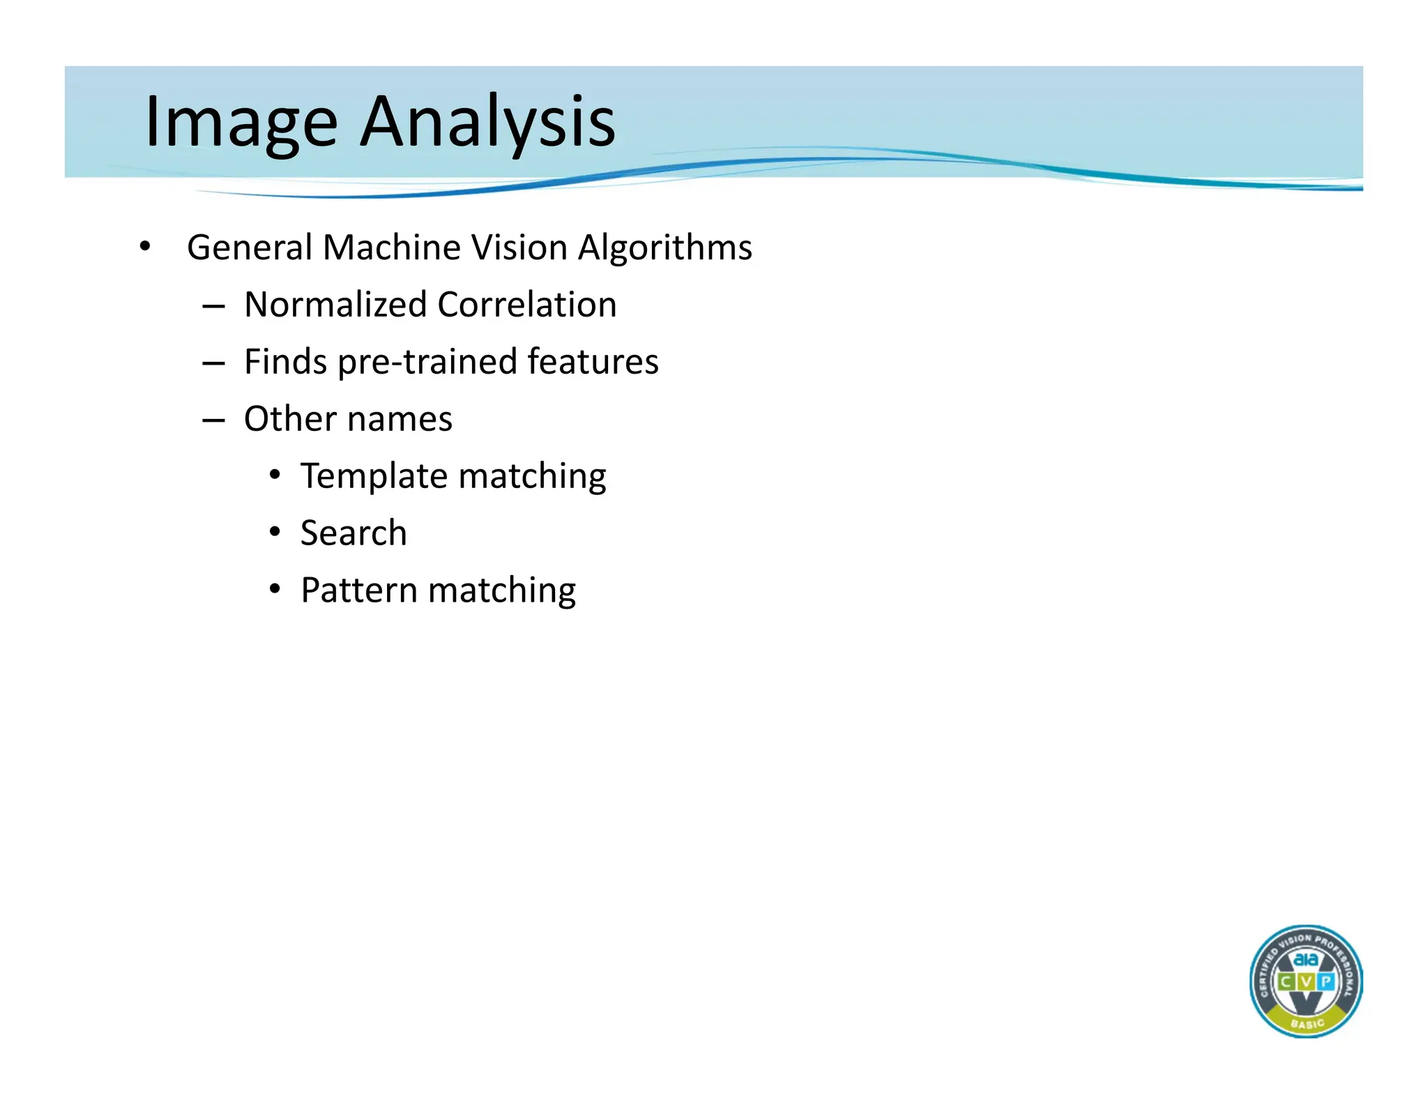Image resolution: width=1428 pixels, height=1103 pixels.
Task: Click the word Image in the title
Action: click(241, 123)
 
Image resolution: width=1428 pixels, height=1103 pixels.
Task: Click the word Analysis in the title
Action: click(487, 123)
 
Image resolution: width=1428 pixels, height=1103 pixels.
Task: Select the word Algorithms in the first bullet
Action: click(665, 248)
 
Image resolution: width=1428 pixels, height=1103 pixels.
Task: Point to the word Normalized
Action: click(335, 305)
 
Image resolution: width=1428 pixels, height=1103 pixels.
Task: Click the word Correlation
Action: click(527, 305)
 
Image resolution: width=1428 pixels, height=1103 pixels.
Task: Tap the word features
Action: click(593, 362)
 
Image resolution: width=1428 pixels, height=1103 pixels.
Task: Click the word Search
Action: click(354, 533)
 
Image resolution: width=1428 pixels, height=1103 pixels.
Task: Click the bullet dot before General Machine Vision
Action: click(144, 247)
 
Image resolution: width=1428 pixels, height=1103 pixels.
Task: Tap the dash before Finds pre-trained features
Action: click(213, 363)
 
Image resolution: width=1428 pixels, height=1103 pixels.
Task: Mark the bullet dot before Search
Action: click(275, 533)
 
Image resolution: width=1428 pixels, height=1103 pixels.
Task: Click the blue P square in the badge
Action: click(1326, 982)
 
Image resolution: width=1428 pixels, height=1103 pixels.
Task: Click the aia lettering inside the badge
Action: click(1305, 959)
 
